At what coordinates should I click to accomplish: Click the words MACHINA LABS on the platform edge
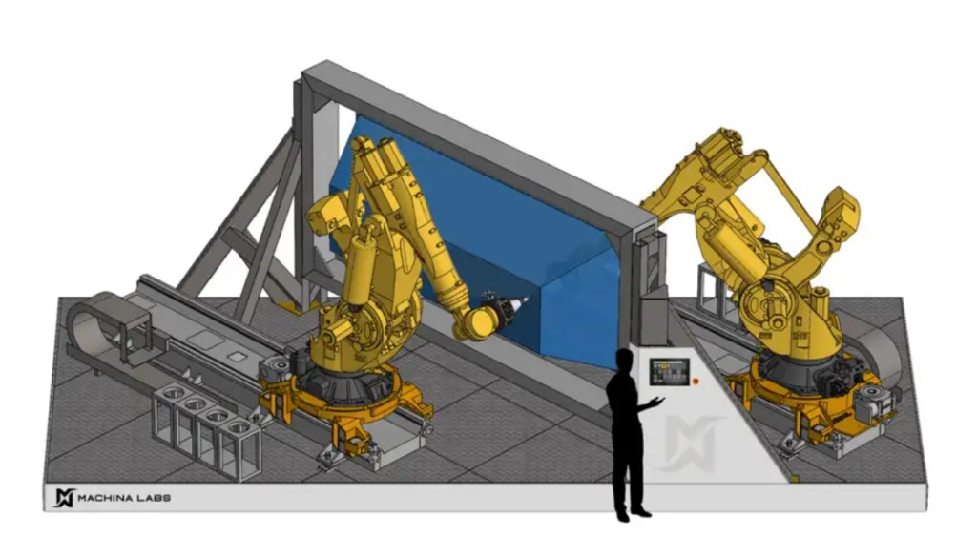(x=124, y=498)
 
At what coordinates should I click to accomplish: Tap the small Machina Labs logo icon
(x=64, y=498)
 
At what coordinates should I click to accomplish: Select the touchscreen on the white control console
(x=669, y=372)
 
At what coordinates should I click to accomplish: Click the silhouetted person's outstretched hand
(x=656, y=402)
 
